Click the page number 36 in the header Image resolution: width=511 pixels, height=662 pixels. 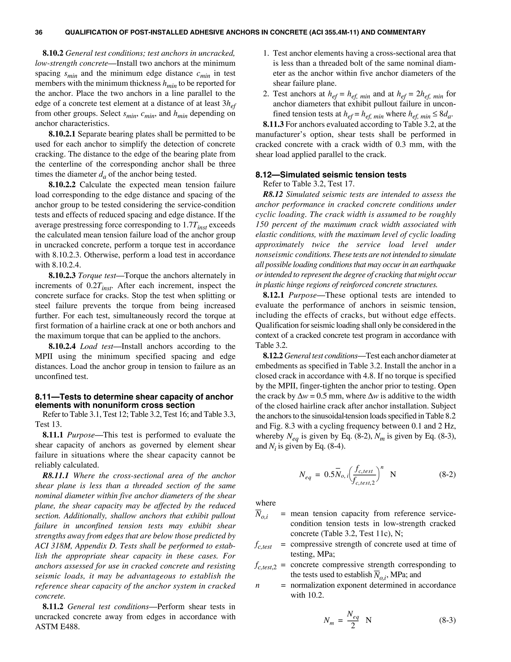39,32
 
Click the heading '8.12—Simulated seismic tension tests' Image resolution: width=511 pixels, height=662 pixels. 331,175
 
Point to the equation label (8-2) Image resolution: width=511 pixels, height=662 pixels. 447,474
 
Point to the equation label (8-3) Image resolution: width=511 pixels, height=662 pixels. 447,621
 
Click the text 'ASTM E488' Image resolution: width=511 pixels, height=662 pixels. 57,627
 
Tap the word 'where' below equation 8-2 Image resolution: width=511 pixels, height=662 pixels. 265,503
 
